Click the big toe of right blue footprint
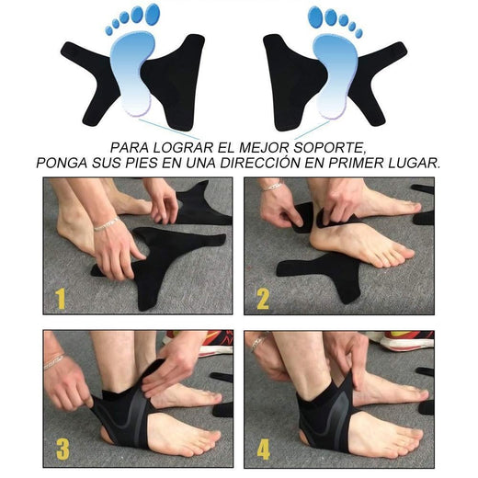[317, 15]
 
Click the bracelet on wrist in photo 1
[105, 224]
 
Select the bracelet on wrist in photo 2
[269, 186]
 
